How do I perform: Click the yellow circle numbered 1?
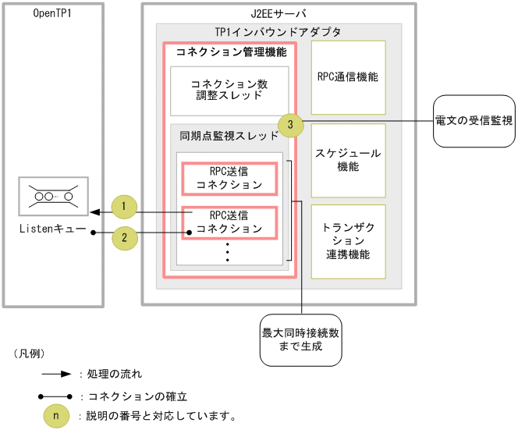point(124,208)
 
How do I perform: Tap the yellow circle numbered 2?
point(125,236)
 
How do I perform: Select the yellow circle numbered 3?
point(290,123)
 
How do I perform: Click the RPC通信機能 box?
point(348,78)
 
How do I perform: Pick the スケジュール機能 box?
point(348,160)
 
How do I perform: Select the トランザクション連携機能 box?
point(348,241)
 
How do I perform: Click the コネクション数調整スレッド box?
point(229,90)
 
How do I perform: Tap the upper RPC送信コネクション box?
point(229,179)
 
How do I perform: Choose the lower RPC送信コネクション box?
point(229,222)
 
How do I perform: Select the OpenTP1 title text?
point(54,14)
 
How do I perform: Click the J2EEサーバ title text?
point(279,14)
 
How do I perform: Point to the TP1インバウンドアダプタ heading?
point(278,32)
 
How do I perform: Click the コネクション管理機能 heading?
point(226,52)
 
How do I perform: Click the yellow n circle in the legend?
point(55,415)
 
